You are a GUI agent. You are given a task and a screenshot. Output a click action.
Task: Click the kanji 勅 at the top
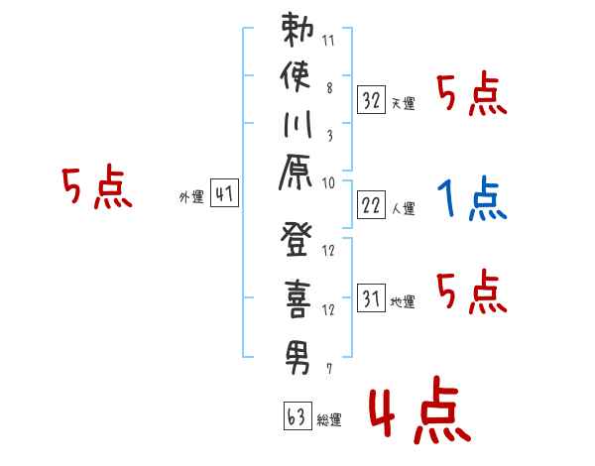coord(297,30)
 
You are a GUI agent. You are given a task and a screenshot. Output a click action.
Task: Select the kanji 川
coord(297,124)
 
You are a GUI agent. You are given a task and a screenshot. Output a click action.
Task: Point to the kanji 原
coord(296,172)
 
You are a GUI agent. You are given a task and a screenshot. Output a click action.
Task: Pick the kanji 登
coord(297,240)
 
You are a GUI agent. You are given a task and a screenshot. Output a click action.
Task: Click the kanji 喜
coord(297,299)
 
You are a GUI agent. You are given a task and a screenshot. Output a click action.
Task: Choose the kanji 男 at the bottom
coord(297,358)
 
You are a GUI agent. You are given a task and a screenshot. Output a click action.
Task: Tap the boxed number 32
coord(371,100)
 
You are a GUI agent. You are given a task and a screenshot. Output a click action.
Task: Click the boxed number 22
coord(371,205)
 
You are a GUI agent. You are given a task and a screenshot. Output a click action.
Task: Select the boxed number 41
coord(224,193)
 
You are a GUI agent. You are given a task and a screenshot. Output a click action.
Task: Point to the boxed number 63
coord(297,415)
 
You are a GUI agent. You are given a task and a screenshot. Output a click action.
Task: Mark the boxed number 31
coord(371,297)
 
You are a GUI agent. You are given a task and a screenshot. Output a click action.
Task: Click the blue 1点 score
coord(472,198)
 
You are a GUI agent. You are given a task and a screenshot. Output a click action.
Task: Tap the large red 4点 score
coord(420,410)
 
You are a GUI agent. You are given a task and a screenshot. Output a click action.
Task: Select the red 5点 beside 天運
coord(472,93)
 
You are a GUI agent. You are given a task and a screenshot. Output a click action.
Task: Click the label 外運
coord(191,197)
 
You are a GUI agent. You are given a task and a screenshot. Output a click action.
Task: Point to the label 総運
coord(329,419)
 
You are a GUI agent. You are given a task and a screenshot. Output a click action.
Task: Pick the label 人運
coord(404,208)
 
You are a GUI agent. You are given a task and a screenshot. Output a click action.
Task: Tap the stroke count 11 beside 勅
coord(328,41)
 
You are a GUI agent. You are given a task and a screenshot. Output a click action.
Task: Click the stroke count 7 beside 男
coord(329,368)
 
